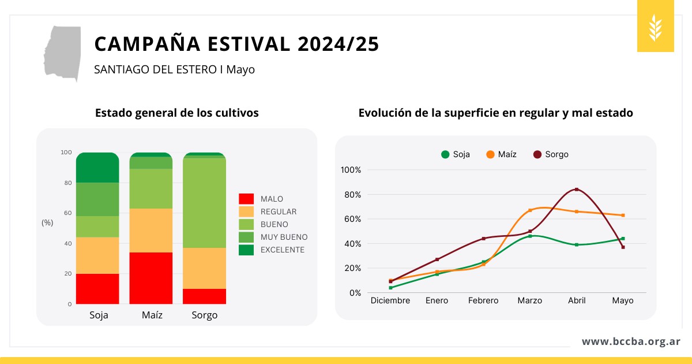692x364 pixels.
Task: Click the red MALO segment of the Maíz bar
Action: pyautogui.click(x=151, y=278)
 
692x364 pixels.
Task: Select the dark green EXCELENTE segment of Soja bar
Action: pyautogui.click(x=97, y=168)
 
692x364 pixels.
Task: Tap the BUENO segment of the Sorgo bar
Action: pyautogui.click(x=205, y=203)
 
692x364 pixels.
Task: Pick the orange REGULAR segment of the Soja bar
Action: pyautogui.click(x=97, y=255)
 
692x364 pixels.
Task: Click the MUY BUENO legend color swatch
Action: pyautogui.click(x=246, y=237)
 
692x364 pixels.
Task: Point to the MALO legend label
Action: pyautogui.click(x=272, y=199)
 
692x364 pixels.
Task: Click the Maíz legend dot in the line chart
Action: pyautogui.click(x=490, y=154)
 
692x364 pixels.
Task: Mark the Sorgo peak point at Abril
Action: pyautogui.click(x=577, y=190)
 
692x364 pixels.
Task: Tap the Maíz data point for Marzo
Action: pyautogui.click(x=530, y=210)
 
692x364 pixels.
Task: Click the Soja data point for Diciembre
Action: pyautogui.click(x=391, y=288)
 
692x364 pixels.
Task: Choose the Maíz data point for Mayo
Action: pyautogui.click(x=623, y=216)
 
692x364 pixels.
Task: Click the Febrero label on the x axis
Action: pyautogui.click(x=483, y=301)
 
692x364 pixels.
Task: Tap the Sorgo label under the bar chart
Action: pyautogui.click(x=205, y=315)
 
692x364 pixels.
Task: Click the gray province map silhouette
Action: pyautogui.click(x=63, y=52)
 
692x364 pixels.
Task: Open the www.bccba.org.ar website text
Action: pyautogui.click(x=631, y=341)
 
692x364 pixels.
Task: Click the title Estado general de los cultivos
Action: pyautogui.click(x=176, y=113)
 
